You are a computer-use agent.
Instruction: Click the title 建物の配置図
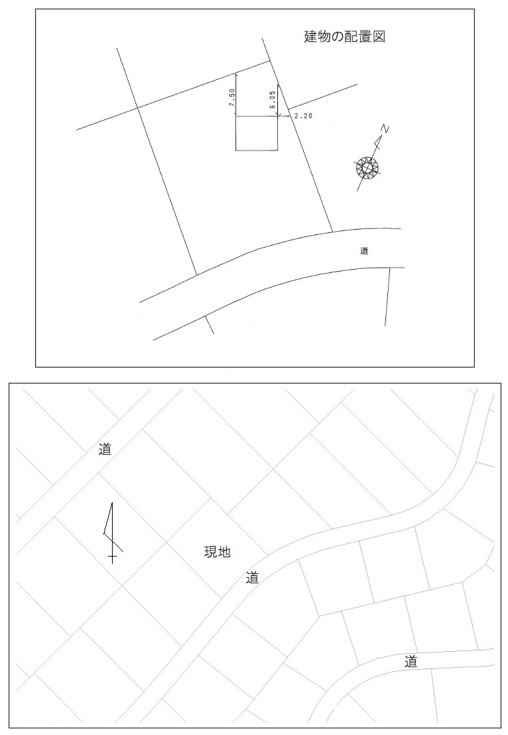tap(345, 37)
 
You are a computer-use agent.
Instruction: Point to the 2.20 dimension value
tap(303, 116)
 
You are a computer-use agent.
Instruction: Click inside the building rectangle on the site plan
tap(257, 134)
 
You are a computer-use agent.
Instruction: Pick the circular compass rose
tap(367, 167)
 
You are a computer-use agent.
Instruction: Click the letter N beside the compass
tap(385, 129)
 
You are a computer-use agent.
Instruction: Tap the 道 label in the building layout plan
tap(364, 251)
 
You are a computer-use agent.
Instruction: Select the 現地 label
tap(217, 552)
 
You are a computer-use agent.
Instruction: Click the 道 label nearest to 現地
tap(253, 578)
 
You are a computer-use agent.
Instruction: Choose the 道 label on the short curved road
tap(411, 662)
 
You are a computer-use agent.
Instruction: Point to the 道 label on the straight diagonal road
tap(105, 449)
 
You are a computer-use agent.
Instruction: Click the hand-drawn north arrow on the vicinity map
tap(112, 533)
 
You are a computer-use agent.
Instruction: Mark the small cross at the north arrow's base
tap(112, 558)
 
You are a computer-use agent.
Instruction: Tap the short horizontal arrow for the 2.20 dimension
tap(284, 116)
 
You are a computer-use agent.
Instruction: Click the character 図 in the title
tap(379, 37)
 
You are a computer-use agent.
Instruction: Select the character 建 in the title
tap(311, 37)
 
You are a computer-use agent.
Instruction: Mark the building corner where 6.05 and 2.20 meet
tap(279, 116)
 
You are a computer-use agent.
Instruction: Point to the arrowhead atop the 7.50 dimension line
tap(236, 75)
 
